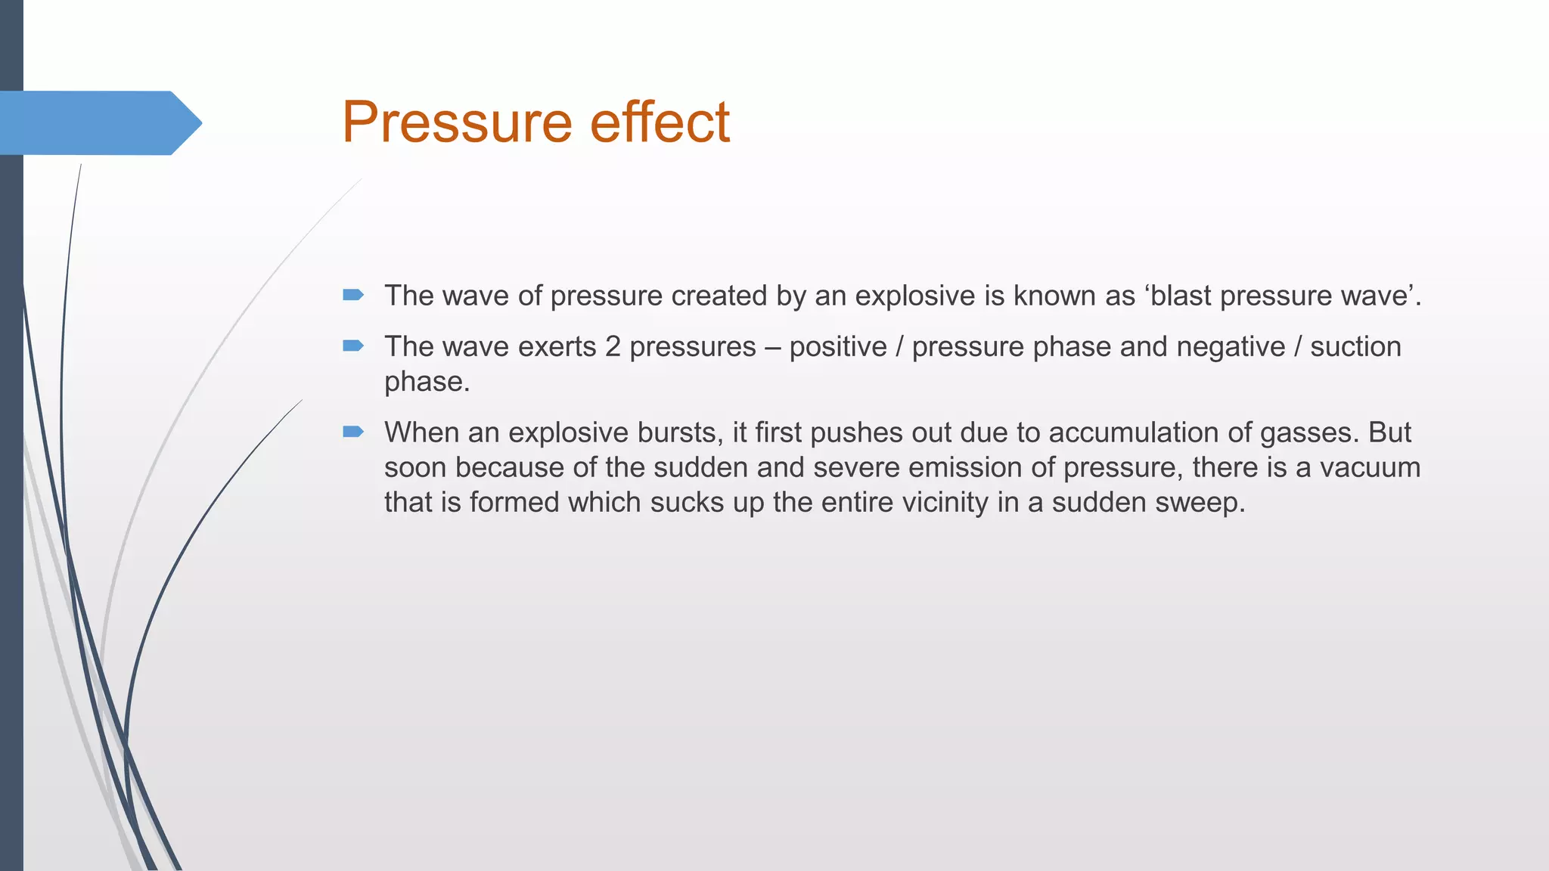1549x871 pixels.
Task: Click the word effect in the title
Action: click(660, 122)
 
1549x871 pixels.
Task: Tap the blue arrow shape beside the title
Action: click(98, 123)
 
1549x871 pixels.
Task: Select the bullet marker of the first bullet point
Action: click(353, 295)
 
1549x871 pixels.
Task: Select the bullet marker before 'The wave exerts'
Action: click(353, 346)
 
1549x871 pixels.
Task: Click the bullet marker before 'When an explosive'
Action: click(353, 432)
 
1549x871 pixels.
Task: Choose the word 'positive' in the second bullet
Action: click(838, 347)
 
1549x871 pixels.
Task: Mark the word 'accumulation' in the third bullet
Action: click(1134, 432)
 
